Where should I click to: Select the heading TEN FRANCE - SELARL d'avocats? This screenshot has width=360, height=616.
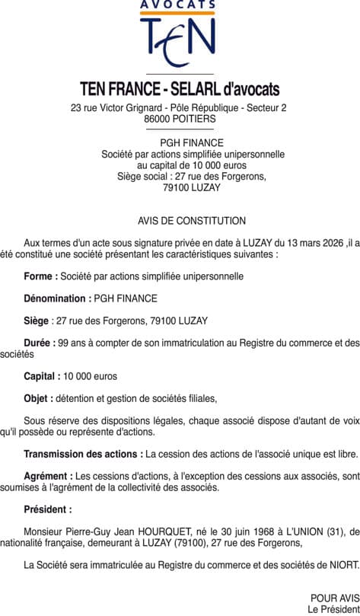click(x=180, y=90)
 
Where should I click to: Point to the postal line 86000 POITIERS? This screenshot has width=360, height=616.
click(x=180, y=119)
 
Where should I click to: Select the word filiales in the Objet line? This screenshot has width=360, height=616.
click(x=199, y=398)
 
